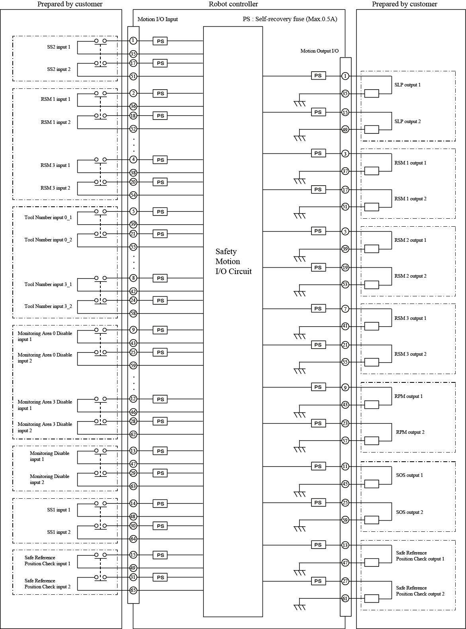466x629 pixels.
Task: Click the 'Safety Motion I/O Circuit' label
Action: [233, 261]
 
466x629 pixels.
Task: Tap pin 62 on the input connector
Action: [133, 435]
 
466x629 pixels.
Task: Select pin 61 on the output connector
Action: [345, 598]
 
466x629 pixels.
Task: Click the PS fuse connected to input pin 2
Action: [160, 94]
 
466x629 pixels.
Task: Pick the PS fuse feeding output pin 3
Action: [318, 153]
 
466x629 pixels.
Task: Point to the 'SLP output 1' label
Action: [407, 85]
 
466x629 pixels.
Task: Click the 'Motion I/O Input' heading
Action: [158, 19]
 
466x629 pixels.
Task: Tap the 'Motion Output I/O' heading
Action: [319, 51]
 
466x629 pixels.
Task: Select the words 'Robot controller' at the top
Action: [233, 4]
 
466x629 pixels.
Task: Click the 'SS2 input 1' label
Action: [59, 47]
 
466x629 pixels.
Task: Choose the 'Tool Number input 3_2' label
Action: [48, 306]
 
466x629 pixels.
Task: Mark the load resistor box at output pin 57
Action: [372, 441]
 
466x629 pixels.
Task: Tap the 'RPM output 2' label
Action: [410, 432]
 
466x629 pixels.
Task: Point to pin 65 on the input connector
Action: [133, 590]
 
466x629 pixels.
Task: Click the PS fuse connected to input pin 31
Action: [160, 577]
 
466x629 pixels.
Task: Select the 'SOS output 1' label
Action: [409, 475]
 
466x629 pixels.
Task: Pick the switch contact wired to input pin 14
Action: [100, 504]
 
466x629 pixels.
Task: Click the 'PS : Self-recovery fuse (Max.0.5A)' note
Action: [290, 19]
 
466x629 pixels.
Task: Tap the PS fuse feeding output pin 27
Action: [318, 581]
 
